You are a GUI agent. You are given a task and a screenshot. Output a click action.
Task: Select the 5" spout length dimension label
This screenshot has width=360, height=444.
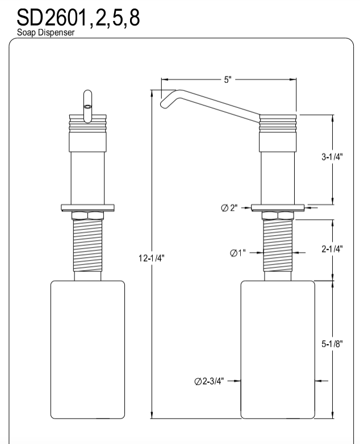[228, 80]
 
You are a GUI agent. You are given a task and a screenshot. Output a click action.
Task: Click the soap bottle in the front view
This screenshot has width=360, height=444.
[87, 349]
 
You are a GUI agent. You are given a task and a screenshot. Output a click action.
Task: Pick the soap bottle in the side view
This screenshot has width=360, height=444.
[278, 349]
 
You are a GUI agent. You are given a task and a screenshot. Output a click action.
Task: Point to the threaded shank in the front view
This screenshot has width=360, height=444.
[87, 247]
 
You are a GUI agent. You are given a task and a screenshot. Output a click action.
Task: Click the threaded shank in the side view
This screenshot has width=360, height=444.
[278, 247]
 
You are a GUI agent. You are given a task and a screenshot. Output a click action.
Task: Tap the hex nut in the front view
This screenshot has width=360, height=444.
[87, 215]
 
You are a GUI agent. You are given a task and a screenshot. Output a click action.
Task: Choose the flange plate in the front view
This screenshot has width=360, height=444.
[87, 207]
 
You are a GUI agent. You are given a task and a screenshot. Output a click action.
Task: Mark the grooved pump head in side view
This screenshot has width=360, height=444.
[278, 123]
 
